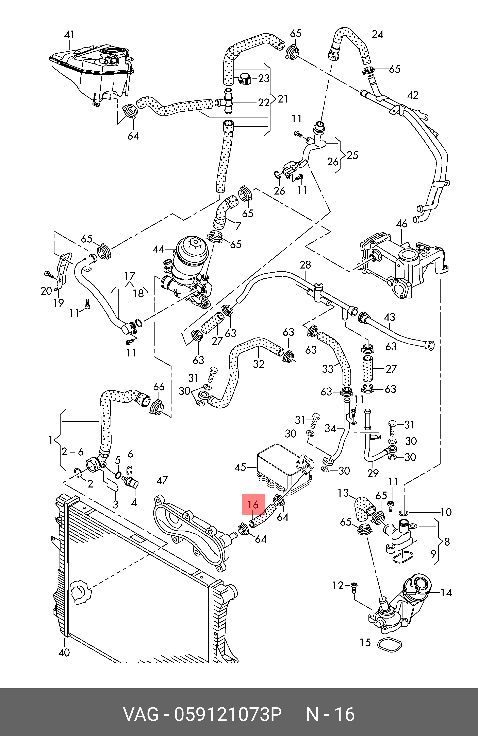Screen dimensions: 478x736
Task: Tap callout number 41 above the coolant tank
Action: pos(69,34)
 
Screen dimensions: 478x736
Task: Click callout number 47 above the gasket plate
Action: pos(162,481)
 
